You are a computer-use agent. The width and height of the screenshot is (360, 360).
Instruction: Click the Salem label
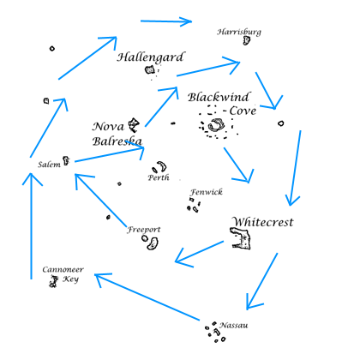click(x=48, y=164)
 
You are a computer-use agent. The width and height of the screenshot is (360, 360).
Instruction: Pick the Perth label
click(x=158, y=178)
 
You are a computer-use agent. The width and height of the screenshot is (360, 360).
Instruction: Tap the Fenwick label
click(x=207, y=192)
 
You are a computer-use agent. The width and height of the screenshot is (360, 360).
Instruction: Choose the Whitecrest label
click(x=262, y=221)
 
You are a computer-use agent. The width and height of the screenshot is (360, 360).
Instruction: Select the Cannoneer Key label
click(x=63, y=273)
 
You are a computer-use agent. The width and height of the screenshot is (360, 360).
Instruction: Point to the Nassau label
click(x=234, y=325)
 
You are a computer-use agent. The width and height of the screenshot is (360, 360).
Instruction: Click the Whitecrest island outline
click(x=243, y=238)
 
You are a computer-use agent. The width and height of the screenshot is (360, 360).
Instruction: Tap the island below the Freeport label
click(x=152, y=244)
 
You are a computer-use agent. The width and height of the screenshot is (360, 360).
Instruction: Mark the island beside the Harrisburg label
click(x=246, y=40)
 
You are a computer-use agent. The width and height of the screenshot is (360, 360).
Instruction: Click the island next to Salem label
click(x=67, y=160)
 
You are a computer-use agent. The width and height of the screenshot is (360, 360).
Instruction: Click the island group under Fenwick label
click(x=195, y=206)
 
